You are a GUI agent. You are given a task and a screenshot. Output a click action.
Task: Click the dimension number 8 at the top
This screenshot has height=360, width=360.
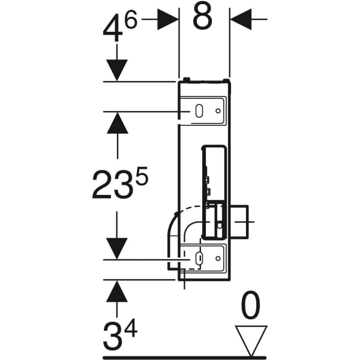point(203,18)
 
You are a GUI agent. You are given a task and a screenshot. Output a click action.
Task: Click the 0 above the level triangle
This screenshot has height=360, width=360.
point(250,307)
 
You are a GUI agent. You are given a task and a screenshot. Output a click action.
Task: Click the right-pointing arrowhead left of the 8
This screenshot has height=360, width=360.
point(168,19)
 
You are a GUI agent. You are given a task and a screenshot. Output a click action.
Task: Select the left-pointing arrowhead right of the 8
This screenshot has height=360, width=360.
point(241,19)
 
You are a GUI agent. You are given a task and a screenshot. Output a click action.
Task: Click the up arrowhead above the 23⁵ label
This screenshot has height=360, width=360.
point(117,123)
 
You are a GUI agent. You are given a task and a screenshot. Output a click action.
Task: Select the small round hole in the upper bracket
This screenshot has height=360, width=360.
point(217,111)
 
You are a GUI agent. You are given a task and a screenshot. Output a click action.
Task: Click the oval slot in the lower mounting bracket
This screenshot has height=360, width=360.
point(199,259)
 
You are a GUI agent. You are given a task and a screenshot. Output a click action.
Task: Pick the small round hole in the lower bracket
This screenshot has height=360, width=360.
point(217,259)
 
